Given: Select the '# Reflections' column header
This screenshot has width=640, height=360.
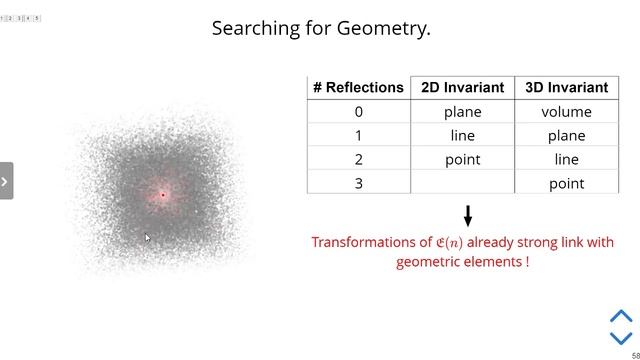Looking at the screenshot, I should click(x=358, y=87).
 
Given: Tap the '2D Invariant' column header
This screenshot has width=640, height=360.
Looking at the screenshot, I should click(x=462, y=87).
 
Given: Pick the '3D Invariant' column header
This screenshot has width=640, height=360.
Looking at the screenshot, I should click(x=566, y=87).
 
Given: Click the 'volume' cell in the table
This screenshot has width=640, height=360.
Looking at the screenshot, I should click(x=566, y=112).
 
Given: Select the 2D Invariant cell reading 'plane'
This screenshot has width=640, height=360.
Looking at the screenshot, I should click(x=462, y=112).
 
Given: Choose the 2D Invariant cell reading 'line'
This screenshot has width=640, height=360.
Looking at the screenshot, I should click(x=462, y=136).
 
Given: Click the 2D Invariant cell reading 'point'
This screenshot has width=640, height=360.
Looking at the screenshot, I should click(x=462, y=160).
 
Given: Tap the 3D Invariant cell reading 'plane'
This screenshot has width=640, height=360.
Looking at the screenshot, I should click(x=566, y=136).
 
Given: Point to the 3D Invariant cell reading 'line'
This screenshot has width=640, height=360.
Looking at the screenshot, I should click(x=566, y=160).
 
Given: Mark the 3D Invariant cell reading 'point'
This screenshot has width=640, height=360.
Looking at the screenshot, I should click(x=566, y=184).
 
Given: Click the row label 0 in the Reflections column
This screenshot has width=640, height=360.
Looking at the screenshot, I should click(x=358, y=112).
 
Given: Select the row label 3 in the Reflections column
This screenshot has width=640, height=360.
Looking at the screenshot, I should click(x=358, y=184).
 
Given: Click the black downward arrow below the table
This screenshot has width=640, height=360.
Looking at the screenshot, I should click(x=467, y=215).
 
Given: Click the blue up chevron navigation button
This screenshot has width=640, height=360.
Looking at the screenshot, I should click(x=621, y=316).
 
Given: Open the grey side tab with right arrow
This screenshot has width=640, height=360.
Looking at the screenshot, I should click(x=6, y=181).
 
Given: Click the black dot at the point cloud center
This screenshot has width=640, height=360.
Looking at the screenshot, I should click(x=162, y=194).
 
